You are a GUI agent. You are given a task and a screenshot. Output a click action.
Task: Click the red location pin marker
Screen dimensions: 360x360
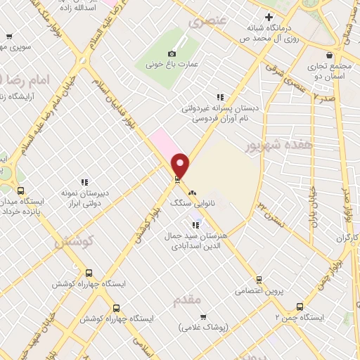tap(181, 165)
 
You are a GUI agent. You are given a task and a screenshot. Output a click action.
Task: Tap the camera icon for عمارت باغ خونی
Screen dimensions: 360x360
tap(172, 54)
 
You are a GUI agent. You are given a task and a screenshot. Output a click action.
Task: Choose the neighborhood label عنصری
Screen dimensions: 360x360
tap(209, 22)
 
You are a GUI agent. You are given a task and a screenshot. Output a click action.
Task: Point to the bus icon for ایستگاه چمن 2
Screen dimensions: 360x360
tap(300, 307)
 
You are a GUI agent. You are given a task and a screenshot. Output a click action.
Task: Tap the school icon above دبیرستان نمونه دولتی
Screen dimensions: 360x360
tap(84, 182)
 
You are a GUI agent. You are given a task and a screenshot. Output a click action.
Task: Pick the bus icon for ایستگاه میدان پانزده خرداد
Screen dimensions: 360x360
tap(20, 191)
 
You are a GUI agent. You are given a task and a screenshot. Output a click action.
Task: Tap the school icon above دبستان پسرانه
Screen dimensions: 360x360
tap(219, 98)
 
